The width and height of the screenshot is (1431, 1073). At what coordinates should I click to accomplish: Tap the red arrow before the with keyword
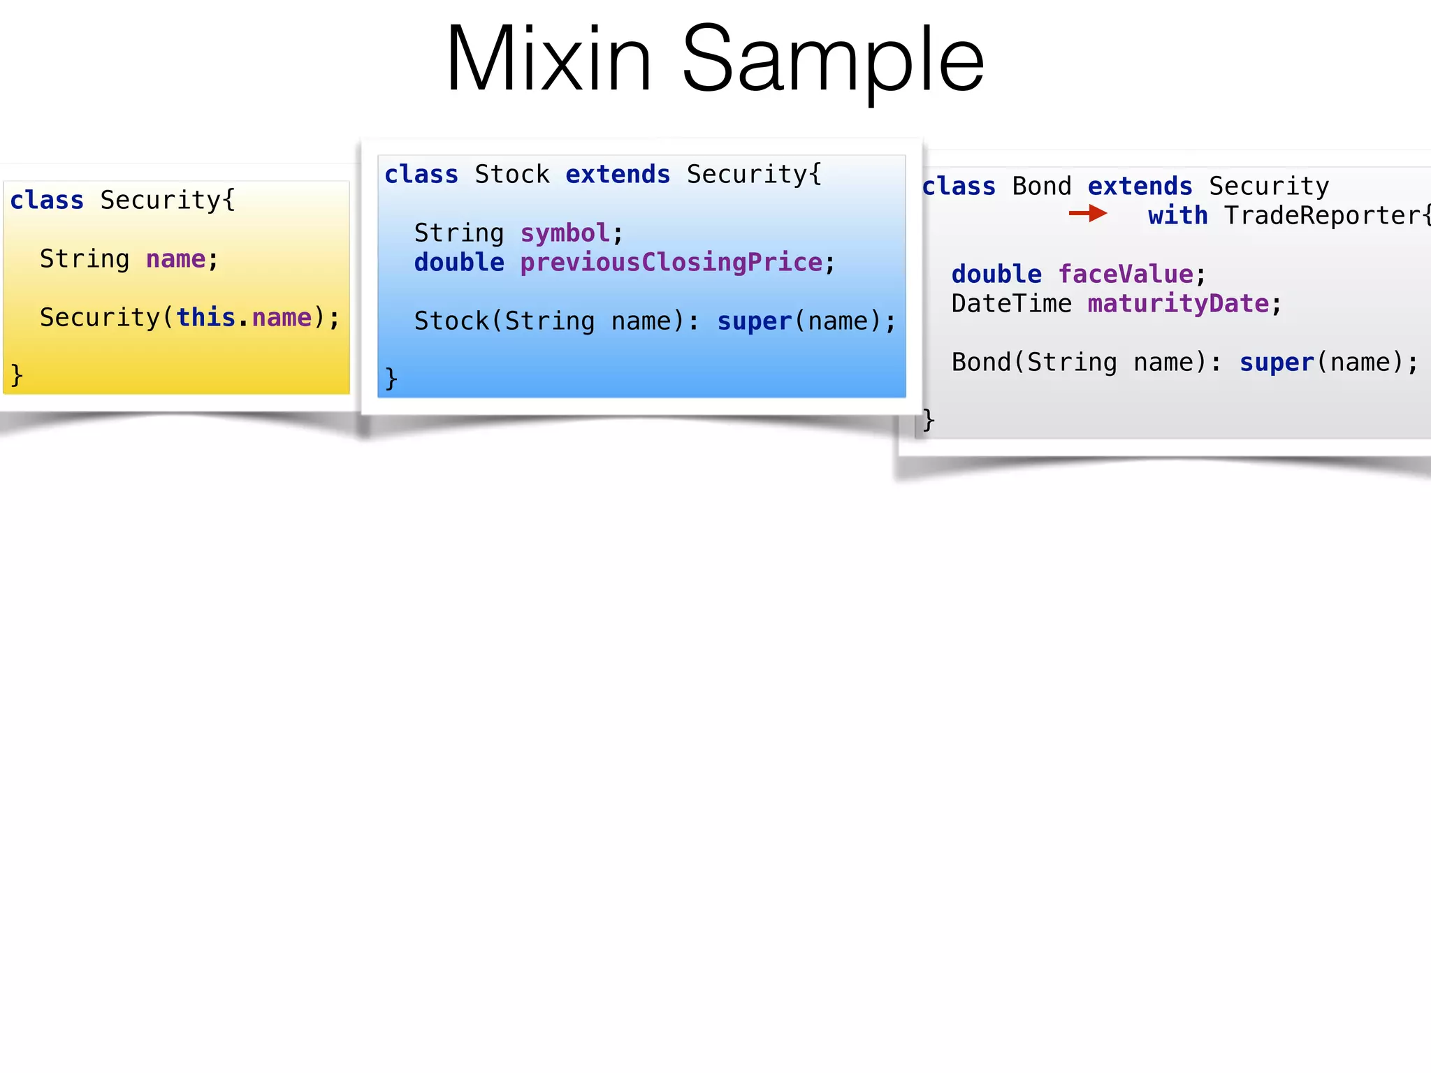(x=1087, y=213)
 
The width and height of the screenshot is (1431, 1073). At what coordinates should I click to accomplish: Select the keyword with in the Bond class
(x=1177, y=215)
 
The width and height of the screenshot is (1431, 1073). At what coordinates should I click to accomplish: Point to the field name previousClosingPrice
(x=671, y=263)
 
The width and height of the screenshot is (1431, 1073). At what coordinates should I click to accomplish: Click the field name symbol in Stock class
(x=565, y=233)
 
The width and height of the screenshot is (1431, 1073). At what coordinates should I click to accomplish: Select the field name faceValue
(x=1125, y=275)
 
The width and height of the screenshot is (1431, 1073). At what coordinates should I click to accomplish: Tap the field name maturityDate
(x=1178, y=304)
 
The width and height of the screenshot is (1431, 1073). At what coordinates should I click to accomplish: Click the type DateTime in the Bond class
(x=1011, y=304)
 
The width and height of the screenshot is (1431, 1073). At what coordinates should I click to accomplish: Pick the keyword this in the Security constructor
(x=205, y=318)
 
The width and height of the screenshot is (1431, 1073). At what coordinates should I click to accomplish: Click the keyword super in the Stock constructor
(x=754, y=321)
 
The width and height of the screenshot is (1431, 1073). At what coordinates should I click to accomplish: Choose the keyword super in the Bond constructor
(x=1277, y=363)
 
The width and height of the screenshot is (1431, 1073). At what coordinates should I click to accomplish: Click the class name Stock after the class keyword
(x=511, y=175)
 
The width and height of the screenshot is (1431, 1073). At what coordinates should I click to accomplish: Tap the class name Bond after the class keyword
(x=1041, y=187)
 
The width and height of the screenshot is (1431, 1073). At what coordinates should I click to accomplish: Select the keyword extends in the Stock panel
(x=618, y=175)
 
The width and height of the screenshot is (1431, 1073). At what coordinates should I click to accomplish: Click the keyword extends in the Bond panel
(x=1140, y=187)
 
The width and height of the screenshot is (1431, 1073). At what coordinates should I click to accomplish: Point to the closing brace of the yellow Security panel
(x=17, y=376)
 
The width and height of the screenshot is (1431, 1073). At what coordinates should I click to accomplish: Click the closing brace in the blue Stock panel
(x=391, y=379)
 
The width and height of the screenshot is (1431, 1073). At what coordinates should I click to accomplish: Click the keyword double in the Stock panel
(x=459, y=263)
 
